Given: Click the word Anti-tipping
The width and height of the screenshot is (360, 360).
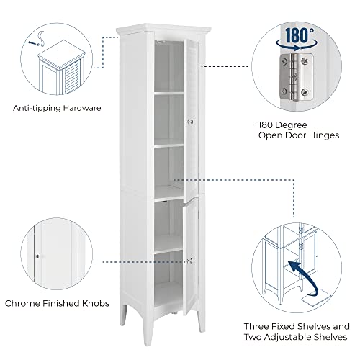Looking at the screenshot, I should coord(35,108).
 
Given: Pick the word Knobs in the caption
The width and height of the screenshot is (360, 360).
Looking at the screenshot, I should coord(94,303).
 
